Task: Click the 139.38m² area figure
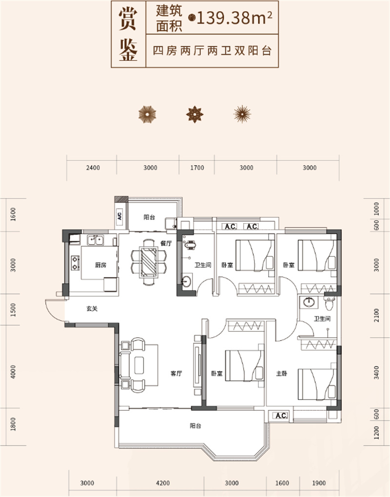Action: click(x=234, y=18)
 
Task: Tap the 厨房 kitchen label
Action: click(x=100, y=265)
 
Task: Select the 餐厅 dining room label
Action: click(x=166, y=244)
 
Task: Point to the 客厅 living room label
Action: click(x=176, y=373)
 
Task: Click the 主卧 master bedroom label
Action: click(x=282, y=373)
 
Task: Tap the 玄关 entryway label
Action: click(x=92, y=308)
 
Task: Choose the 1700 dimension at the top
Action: click(x=197, y=168)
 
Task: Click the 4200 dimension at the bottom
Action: click(x=163, y=483)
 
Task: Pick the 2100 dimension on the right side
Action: click(x=376, y=315)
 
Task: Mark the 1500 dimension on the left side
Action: click(x=13, y=310)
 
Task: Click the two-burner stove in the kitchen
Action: click(x=75, y=263)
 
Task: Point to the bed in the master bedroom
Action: click(x=317, y=384)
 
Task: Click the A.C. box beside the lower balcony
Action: click(x=280, y=415)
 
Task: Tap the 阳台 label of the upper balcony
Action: click(x=149, y=217)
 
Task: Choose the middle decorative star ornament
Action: click(x=195, y=115)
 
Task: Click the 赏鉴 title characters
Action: click(x=128, y=34)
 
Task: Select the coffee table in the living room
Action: click(x=139, y=365)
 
